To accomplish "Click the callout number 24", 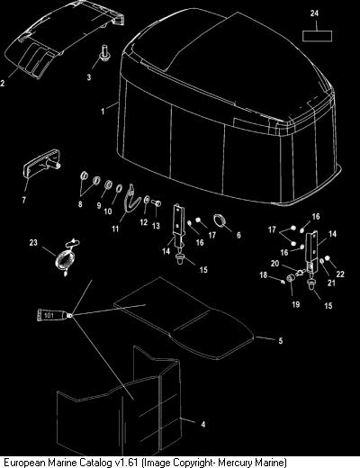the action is click(314, 13).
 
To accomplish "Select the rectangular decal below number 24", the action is click(317, 36).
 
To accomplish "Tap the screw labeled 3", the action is click(104, 54).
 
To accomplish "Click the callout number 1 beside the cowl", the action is click(103, 112).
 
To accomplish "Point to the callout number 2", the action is click(3, 83).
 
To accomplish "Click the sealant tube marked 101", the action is click(54, 316).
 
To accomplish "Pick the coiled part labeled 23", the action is click(66, 256).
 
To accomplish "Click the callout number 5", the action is click(281, 341).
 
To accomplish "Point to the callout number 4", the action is click(203, 424).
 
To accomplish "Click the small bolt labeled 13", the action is click(157, 203).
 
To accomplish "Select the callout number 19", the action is click(296, 304).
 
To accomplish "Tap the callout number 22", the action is click(340, 274).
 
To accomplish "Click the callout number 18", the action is click(264, 274).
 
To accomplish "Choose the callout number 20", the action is click(274, 264).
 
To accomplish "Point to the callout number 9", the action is click(99, 205).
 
